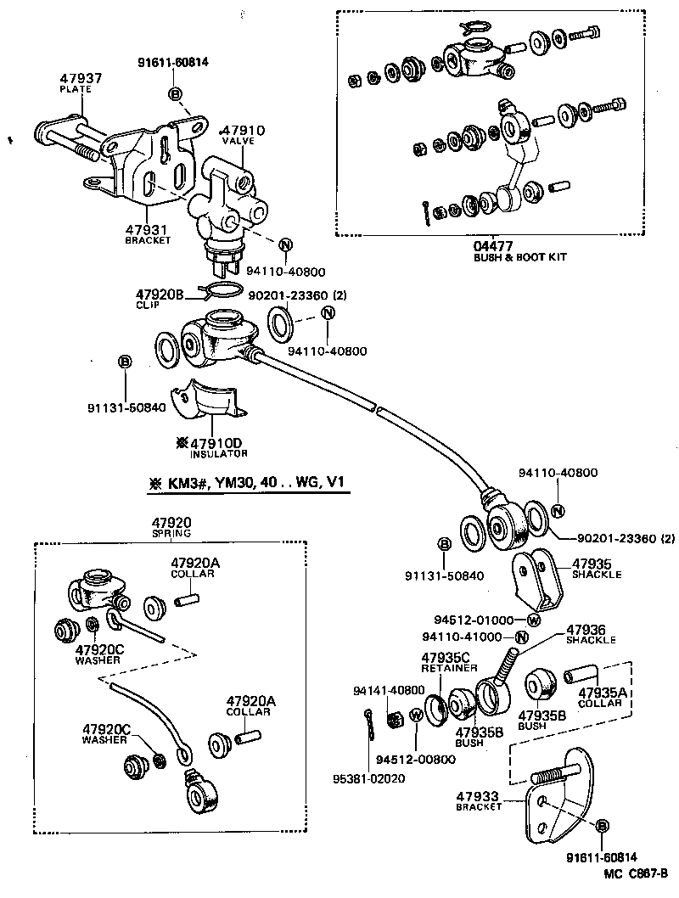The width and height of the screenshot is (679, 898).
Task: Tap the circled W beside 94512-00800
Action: pyautogui.click(x=417, y=715)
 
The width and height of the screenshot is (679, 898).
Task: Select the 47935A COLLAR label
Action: pyautogui.click(x=603, y=699)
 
